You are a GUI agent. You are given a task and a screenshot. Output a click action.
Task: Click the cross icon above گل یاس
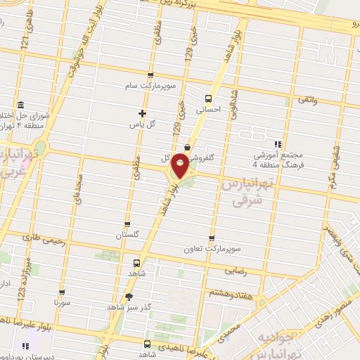click(x=142, y=113)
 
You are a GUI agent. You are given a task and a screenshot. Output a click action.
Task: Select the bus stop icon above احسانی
click(x=207, y=98)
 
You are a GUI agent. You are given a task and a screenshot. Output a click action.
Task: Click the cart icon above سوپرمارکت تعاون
click(x=212, y=239)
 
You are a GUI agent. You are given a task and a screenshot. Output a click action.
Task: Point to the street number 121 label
click(x=26, y=43)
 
